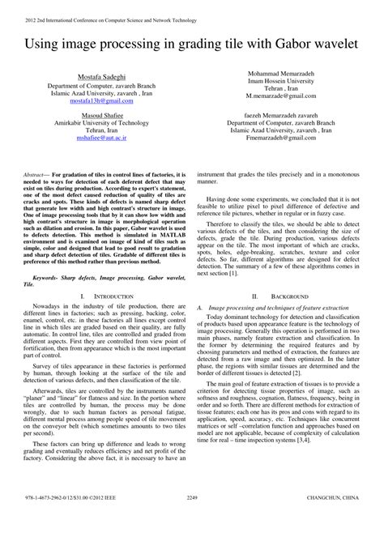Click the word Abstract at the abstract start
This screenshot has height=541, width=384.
point(36,175)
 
